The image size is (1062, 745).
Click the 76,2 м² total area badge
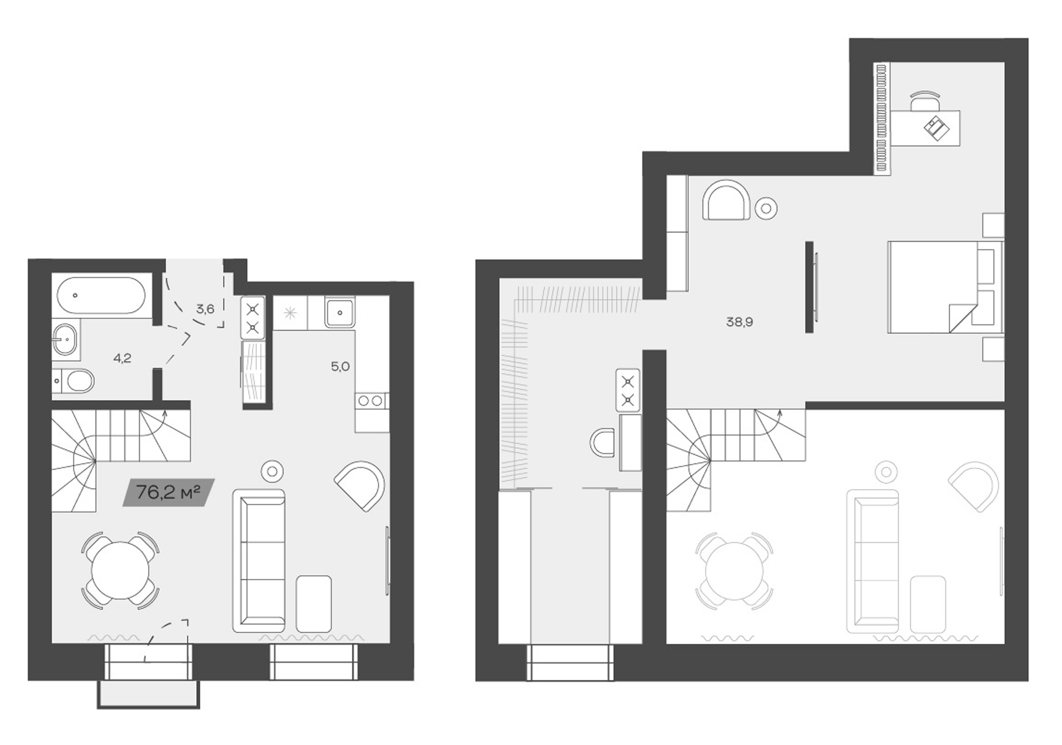pyautogui.click(x=168, y=492)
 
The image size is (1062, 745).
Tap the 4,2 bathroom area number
pyautogui.click(x=122, y=359)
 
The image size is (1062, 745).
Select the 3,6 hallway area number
pyautogui.click(x=205, y=309)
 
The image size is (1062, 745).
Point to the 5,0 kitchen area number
pyautogui.click(x=340, y=367)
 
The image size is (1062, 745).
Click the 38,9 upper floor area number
pyautogui.click(x=739, y=322)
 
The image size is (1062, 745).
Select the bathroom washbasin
pyautogui.click(x=66, y=339)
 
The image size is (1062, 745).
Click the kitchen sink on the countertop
pyautogui.click(x=340, y=313)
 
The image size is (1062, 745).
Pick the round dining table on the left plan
pyautogui.click(x=120, y=569)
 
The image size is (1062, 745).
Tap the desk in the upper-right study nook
pyautogui.click(x=925, y=128)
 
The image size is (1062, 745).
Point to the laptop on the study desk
pyautogui.click(x=936, y=128)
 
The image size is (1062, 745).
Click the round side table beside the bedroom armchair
pyautogui.click(x=766, y=207)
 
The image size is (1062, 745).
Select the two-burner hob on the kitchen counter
pyautogui.click(x=371, y=401)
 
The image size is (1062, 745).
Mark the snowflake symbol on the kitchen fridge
pyautogui.click(x=290, y=313)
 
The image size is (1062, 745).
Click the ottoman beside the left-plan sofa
pyautogui.click(x=314, y=603)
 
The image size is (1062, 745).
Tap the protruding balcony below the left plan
pyautogui.click(x=148, y=694)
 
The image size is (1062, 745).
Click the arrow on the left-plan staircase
pyautogui.click(x=164, y=416)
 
